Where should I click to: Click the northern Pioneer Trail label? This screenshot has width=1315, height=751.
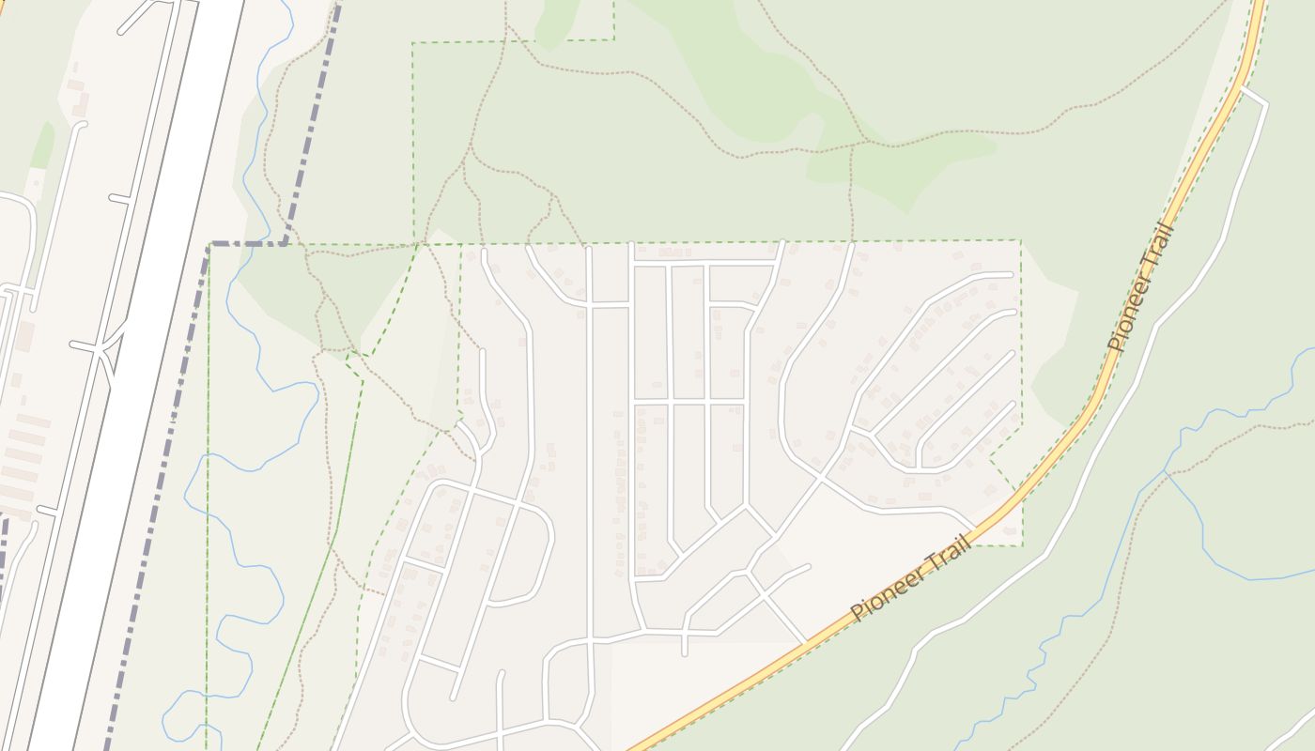click(x=1141, y=287)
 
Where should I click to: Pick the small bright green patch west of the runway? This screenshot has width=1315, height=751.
click(x=43, y=145)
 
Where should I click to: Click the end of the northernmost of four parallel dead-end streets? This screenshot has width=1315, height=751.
click(x=1012, y=274)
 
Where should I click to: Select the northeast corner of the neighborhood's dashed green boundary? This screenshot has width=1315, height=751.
click(x=1020, y=241)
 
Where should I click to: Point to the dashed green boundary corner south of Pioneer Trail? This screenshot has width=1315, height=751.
click(x=1021, y=544)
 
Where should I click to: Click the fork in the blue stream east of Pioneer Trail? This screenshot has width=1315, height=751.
click(x=1168, y=473)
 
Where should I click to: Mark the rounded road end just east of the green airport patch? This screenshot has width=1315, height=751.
click(x=81, y=124)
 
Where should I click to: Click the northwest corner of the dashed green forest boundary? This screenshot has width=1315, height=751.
click(x=413, y=42)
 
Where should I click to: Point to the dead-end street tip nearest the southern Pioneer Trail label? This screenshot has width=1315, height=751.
click(x=807, y=566)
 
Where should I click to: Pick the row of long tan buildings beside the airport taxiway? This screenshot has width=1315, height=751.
click(x=23, y=460)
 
